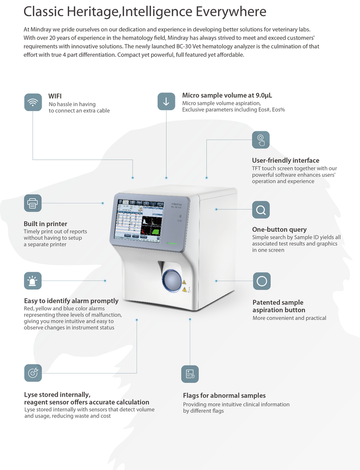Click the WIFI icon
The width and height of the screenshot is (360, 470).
33,102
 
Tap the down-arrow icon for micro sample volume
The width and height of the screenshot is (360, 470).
166,101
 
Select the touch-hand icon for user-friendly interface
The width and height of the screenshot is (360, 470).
261,140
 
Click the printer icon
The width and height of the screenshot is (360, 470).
33,203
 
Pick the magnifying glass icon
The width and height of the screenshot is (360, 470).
261,210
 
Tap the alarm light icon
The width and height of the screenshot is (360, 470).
33,281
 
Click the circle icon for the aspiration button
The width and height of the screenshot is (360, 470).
262,281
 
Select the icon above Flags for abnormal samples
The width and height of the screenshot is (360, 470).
190,374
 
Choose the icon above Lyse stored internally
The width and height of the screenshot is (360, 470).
33,373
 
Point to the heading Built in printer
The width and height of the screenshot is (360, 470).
46,224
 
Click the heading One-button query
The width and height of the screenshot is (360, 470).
279,229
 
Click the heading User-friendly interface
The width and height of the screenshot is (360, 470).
286,160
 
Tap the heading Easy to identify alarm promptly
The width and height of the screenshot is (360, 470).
71,301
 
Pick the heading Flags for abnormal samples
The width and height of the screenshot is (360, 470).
224,395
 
